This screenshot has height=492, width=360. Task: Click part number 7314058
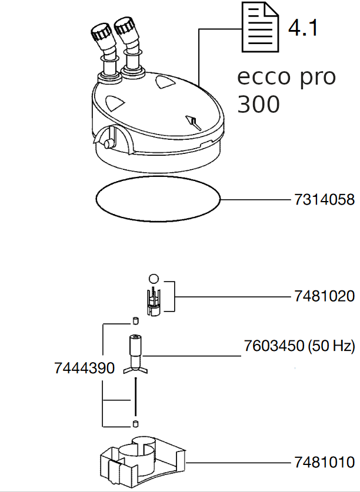coord(324,199)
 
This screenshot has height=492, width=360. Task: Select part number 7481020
coord(324,296)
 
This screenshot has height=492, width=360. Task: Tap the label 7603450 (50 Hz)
coord(299,346)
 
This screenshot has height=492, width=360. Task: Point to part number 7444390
coord(85,368)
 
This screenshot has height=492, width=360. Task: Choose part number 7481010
coord(324,463)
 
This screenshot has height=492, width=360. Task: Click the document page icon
coord(260,27)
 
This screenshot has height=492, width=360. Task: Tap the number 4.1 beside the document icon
coord(303,28)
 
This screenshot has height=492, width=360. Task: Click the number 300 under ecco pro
coord(258,104)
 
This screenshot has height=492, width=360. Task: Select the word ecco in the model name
coord(264,77)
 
